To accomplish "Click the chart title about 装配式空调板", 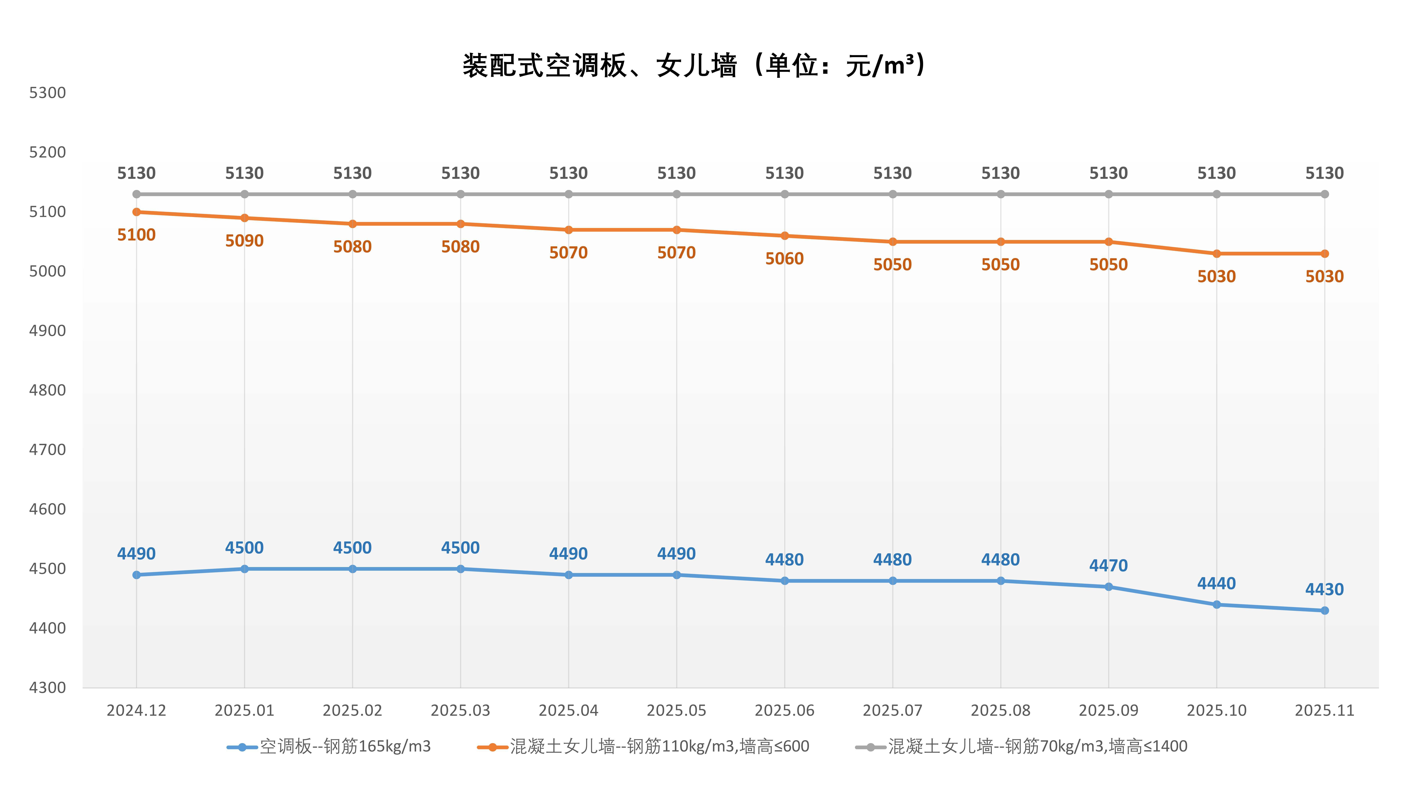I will (693, 66).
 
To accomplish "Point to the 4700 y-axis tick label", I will (48, 450).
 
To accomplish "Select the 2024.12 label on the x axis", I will (136, 710).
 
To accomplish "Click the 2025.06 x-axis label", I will (784, 710).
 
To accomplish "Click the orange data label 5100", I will (136, 235).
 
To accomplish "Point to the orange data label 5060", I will (784, 258).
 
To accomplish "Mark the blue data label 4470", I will (1108, 565).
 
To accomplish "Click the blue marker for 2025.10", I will (1217, 605).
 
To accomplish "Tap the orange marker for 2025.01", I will (245, 218).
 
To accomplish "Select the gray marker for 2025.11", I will (1325, 194).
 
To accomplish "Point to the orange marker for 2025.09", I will (1108, 242).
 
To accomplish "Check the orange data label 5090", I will (245, 241).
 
